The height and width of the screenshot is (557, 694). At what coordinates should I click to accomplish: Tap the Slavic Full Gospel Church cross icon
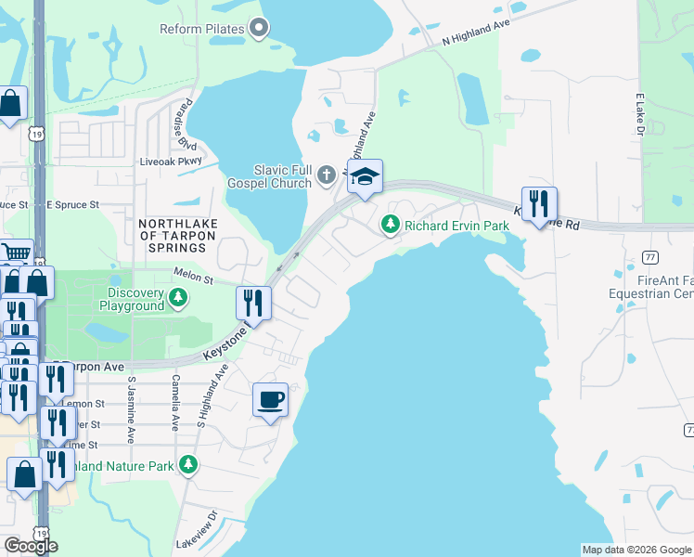pyautogui.click(x=326, y=174)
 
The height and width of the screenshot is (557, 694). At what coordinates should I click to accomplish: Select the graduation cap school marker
pyautogui.click(x=365, y=176)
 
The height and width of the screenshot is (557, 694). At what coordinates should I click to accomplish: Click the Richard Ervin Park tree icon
pyautogui.click(x=391, y=225)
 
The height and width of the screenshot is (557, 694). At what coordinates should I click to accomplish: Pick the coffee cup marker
pyautogui.click(x=270, y=400)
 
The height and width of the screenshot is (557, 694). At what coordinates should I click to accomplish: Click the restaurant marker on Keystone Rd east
pyautogui.click(x=539, y=204)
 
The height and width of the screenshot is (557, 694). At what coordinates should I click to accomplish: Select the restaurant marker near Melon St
pyautogui.click(x=252, y=303)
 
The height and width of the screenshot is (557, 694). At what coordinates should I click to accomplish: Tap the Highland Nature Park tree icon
pyautogui.click(x=189, y=465)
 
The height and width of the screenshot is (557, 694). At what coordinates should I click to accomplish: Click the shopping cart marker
pyautogui.click(x=16, y=253)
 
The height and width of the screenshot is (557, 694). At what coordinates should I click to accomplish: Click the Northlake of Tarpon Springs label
pyautogui.click(x=173, y=236)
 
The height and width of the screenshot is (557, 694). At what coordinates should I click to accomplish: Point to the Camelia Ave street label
pyautogui.click(x=174, y=403)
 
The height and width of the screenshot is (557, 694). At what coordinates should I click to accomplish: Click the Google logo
pyautogui.click(x=31, y=546)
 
